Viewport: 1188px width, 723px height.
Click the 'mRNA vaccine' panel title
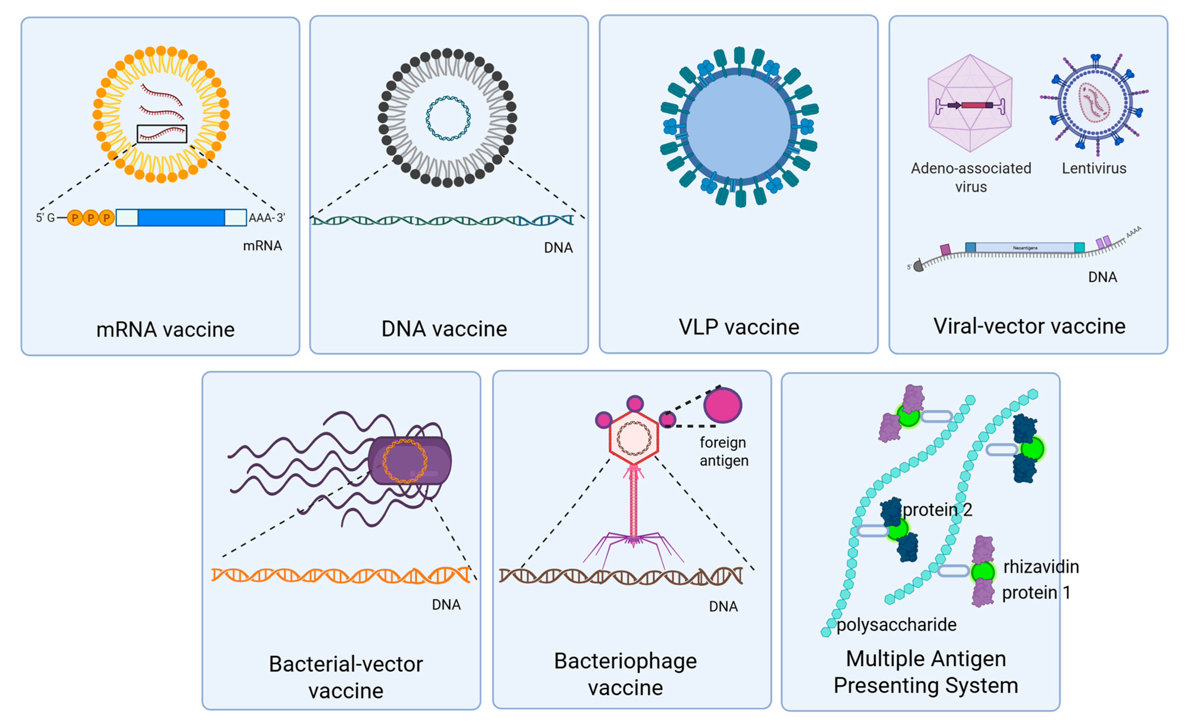click(165, 330)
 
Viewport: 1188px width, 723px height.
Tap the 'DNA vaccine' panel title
click(444, 329)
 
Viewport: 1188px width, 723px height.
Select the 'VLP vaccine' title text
click(739, 327)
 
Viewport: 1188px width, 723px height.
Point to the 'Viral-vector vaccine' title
click(1029, 326)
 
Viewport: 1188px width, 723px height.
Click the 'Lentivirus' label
click(1093, 168)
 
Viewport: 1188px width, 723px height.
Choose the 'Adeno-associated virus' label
click(971, 177)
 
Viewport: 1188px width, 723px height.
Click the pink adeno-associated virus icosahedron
click(970, 104)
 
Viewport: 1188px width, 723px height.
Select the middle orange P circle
click(91, 218)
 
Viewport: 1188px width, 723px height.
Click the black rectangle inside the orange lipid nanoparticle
click(161, 134)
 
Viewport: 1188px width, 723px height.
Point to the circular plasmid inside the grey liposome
click(448, 118)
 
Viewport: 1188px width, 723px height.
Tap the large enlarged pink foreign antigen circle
click(722, 405)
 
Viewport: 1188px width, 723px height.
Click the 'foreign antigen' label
click(723, 451)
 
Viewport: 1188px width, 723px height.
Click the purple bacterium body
click(410, 460)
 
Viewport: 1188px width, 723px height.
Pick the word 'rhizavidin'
click(1040, 567)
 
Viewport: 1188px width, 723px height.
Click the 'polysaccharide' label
click(896, 625)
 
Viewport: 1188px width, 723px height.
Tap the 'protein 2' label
click(937, 509)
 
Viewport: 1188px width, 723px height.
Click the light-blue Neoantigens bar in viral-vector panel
click(1025, 248)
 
